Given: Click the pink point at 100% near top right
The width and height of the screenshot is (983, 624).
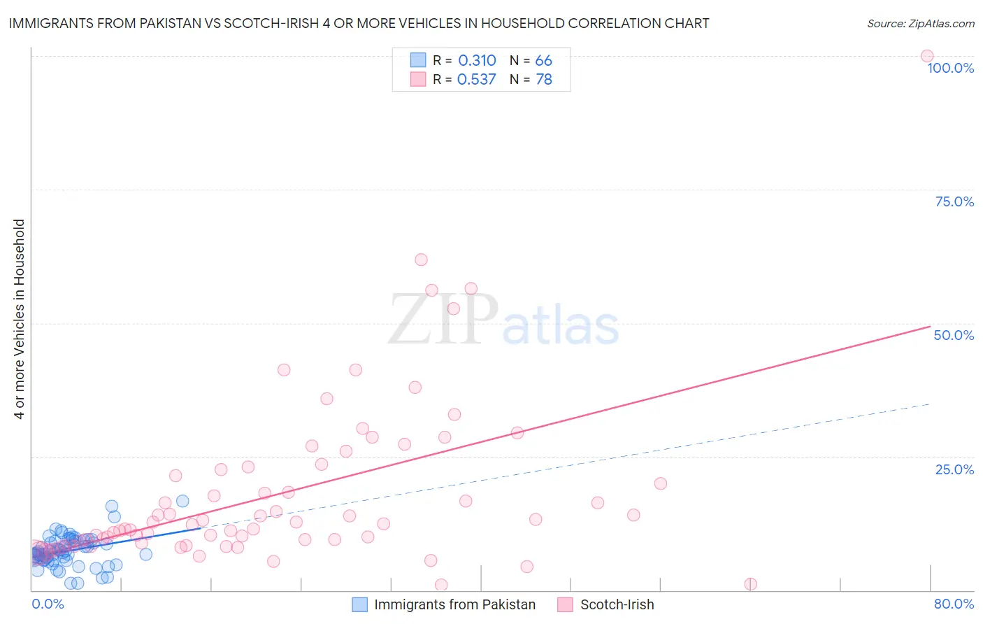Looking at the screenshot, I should tap(927, 56).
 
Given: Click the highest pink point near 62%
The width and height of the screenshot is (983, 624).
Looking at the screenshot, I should tap(421, 260).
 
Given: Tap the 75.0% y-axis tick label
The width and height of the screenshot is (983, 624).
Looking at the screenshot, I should tap(954, 201).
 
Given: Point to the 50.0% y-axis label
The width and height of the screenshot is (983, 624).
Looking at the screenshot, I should tap(954, 335).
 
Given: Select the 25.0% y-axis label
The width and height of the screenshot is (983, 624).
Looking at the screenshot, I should tap(954, 469).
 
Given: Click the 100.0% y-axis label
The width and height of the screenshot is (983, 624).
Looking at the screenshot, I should tap(950, 68).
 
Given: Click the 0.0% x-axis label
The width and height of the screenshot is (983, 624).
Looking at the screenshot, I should tap(48, 604).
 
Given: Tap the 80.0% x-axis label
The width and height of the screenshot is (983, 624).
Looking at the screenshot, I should tap(954, 604).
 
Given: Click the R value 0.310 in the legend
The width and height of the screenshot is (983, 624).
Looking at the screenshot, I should tap(477, 61).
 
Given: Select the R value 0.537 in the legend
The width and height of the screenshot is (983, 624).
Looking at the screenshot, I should tap(476, 80).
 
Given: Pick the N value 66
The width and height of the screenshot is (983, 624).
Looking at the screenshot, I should tap(543, 61).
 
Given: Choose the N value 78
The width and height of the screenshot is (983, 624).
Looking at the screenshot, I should tap(543, 80).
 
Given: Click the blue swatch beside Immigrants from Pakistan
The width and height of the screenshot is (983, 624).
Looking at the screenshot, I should tap(359, 604).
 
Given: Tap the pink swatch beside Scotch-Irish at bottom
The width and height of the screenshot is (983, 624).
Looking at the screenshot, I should tap(565, 604).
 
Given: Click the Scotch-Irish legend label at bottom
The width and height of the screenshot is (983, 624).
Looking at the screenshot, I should tap(617, 604).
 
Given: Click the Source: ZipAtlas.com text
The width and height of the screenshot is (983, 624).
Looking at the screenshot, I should tap(920, 24).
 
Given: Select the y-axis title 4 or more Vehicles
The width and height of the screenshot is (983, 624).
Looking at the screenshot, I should tap(20, 319).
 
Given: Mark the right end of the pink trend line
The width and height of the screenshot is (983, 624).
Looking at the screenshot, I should tap(930, 327).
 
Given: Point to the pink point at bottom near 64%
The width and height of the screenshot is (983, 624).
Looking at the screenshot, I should tap(751, 584).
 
